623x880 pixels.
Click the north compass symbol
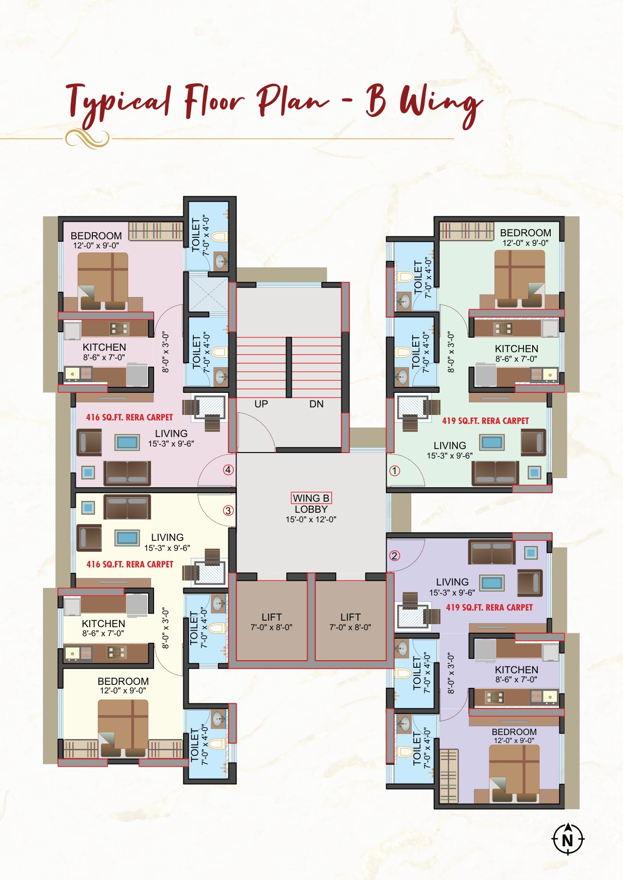[x=568, y=838]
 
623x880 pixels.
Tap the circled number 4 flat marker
[x=228, y=470]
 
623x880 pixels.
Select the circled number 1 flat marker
[x=395, y=471]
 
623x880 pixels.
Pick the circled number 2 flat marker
[x=395, y=555]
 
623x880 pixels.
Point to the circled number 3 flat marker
[x=228, y=511]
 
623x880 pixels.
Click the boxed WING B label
[x=311, y=498]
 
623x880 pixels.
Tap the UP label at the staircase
[x=261, y=404]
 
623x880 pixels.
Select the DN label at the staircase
[x=316, y=404]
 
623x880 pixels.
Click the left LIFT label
[x=272, y=617]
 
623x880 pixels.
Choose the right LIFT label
[x=350, y=617]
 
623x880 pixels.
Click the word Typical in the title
[x=118, y=103]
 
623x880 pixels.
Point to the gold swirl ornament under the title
[x=87, y=138]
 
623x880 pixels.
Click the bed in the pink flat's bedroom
[x=103, y=281]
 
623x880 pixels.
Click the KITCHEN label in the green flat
[x=517, y=349]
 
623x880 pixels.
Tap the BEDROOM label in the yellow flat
[x=123, y=681]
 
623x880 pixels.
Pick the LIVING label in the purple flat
[x=452, y=582]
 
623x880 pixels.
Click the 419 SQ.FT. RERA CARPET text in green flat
[x=485, y=421]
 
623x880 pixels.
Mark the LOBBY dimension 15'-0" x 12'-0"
[x=311, y=520]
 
